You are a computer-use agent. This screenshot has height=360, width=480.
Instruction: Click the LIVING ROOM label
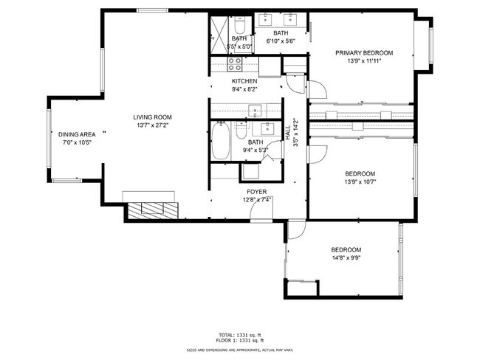point(152,117)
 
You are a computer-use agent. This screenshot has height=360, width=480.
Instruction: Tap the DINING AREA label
point(76,134)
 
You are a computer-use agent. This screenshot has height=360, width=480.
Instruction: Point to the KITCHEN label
point(244,81)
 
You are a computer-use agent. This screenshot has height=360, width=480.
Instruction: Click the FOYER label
point(256,190)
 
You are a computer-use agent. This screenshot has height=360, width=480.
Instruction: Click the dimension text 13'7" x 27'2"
point(152,126)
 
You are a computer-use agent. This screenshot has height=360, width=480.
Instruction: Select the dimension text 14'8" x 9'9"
point(346,258)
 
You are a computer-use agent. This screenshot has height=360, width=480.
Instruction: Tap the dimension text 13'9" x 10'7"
point(360,182)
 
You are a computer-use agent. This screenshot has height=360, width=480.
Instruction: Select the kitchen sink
point(255,111)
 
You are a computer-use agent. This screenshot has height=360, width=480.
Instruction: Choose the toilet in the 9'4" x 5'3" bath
point(241,131)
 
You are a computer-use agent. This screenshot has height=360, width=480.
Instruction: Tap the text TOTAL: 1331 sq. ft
point(241,334)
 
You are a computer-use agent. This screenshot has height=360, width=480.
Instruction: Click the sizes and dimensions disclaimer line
point(241,350)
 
